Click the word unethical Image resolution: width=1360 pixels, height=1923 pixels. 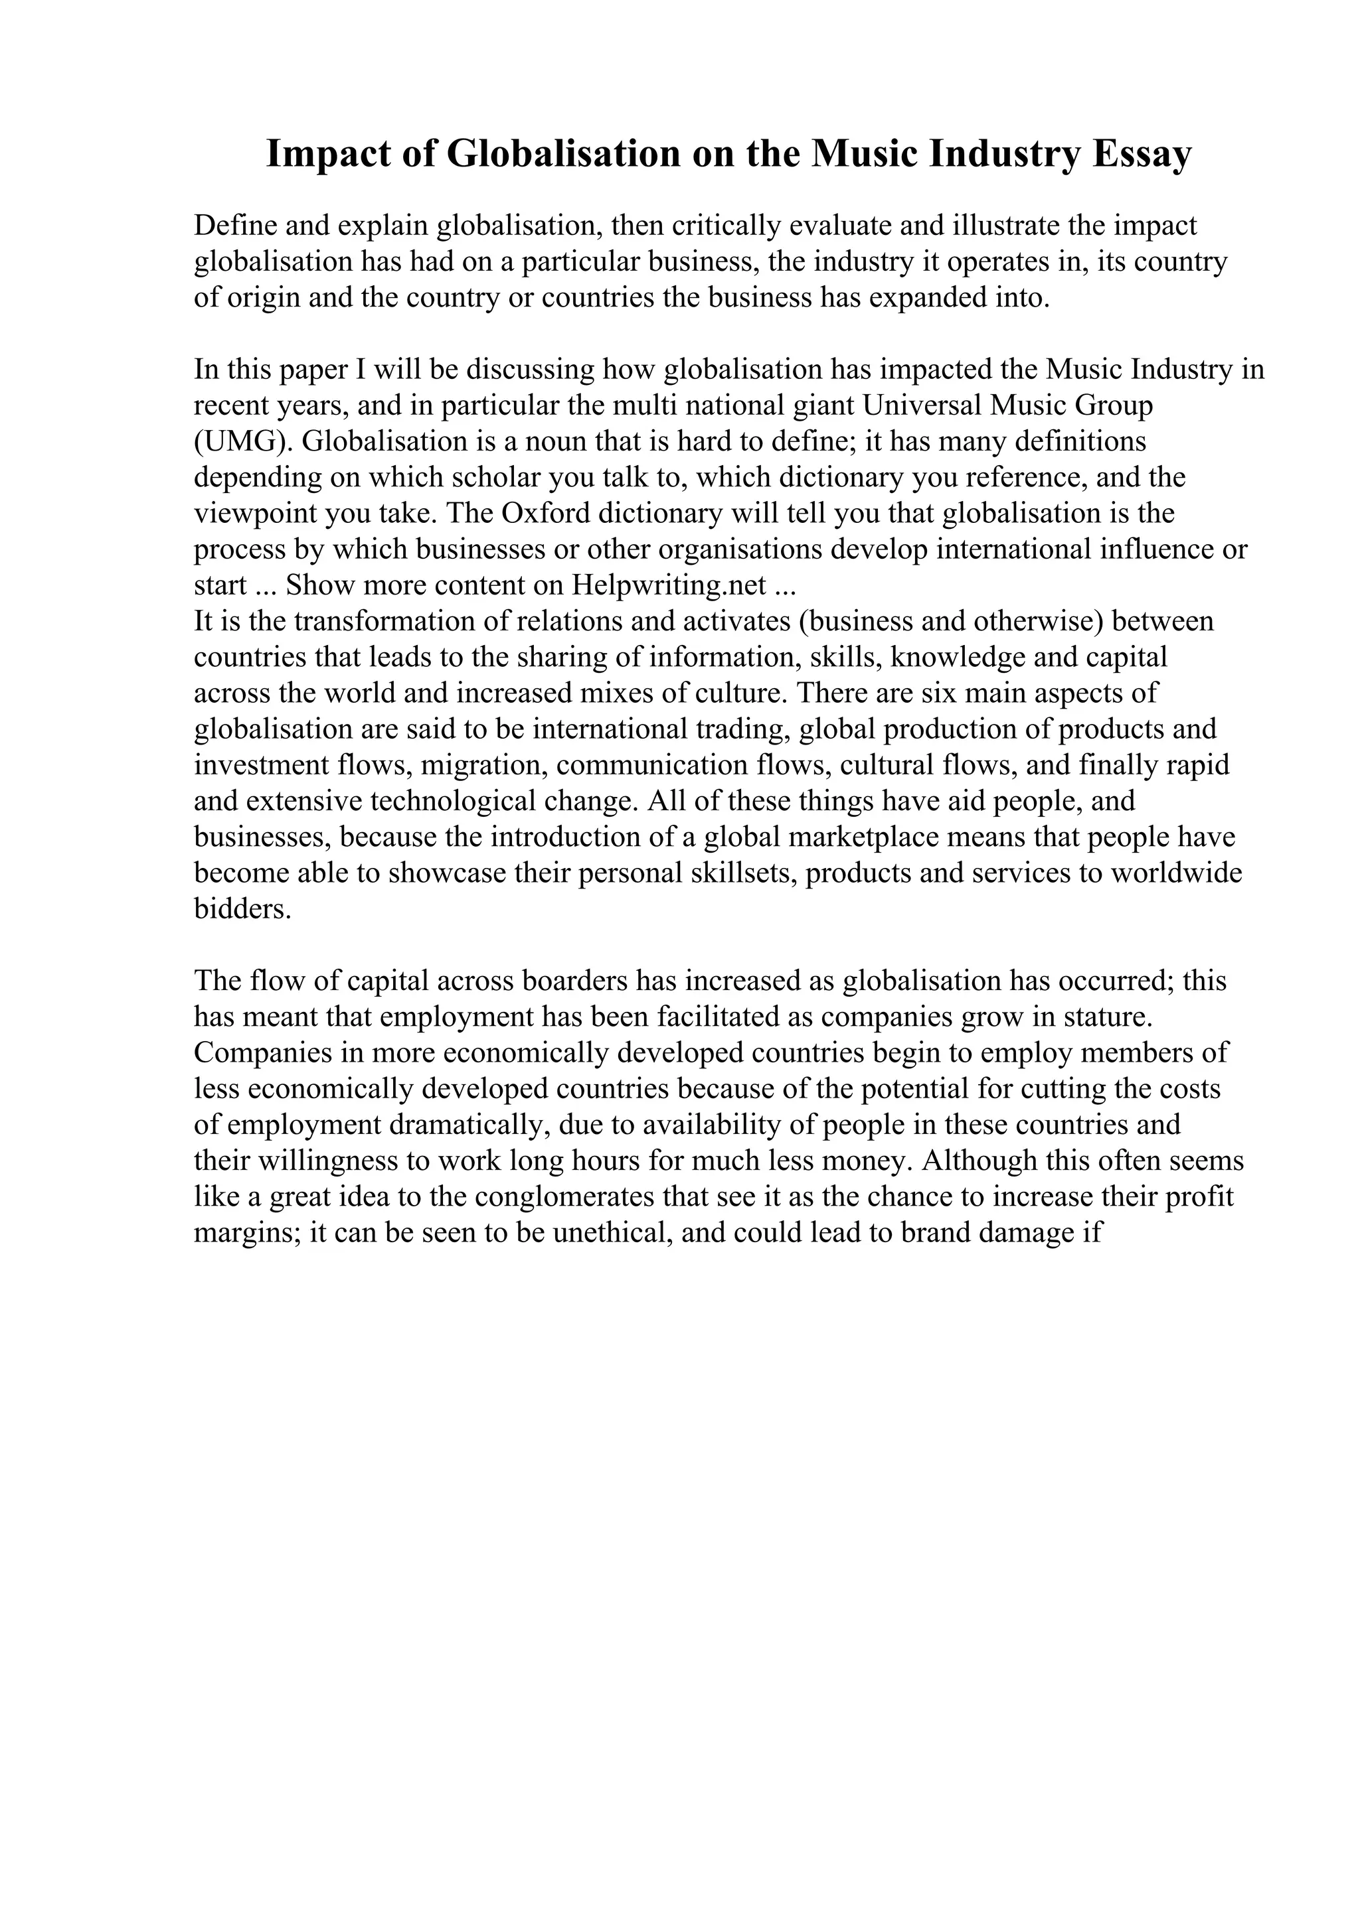point(609,1232)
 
